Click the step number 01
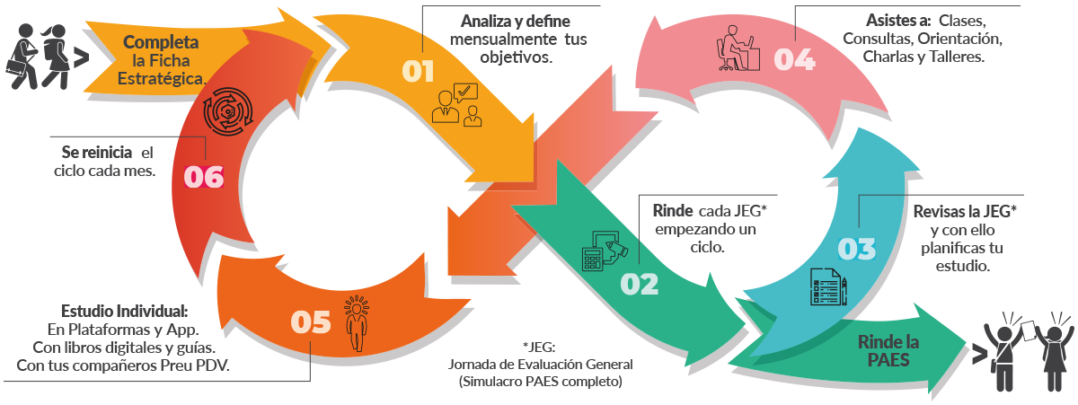point(418,72)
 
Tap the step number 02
point(640,284)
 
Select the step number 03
point(856,249)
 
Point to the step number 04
point(794,59)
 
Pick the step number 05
point(311,322)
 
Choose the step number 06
point(203,177)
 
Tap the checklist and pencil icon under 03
point(829,287)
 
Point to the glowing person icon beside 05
point(358,322)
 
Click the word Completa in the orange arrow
point(161,42)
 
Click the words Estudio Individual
point(124,311)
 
